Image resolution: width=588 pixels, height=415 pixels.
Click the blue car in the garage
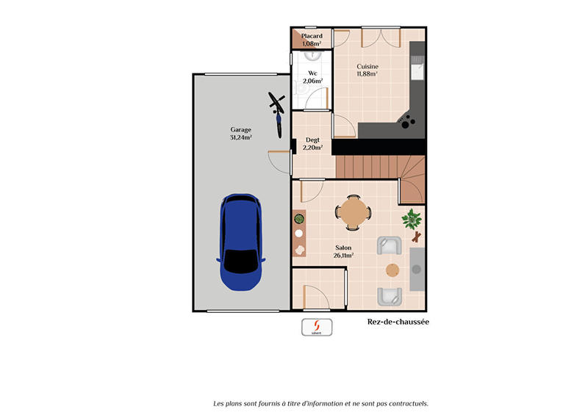(241, 242)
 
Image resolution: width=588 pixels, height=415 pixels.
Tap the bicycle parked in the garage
(277, 113)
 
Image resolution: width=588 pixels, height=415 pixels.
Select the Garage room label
(240, 129)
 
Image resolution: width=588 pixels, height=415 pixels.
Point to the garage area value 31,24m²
(240, 137)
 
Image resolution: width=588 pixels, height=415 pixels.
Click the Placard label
(312, 36)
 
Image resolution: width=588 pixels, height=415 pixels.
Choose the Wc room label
(312, 73)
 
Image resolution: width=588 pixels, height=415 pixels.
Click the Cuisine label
(367, 66)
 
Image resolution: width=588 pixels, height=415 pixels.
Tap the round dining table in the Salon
(354, 213)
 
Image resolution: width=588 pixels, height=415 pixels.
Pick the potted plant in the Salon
(411, 218)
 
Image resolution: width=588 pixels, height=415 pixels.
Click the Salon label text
(343, 248)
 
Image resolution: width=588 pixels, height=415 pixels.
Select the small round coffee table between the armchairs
(392, 270)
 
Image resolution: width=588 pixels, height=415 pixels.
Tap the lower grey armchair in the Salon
(388, 296)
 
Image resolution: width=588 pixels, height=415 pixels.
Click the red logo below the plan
(317, 326)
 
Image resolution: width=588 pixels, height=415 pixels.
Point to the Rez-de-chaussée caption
(398, 322)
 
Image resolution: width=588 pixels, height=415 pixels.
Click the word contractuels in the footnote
(409, 403)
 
